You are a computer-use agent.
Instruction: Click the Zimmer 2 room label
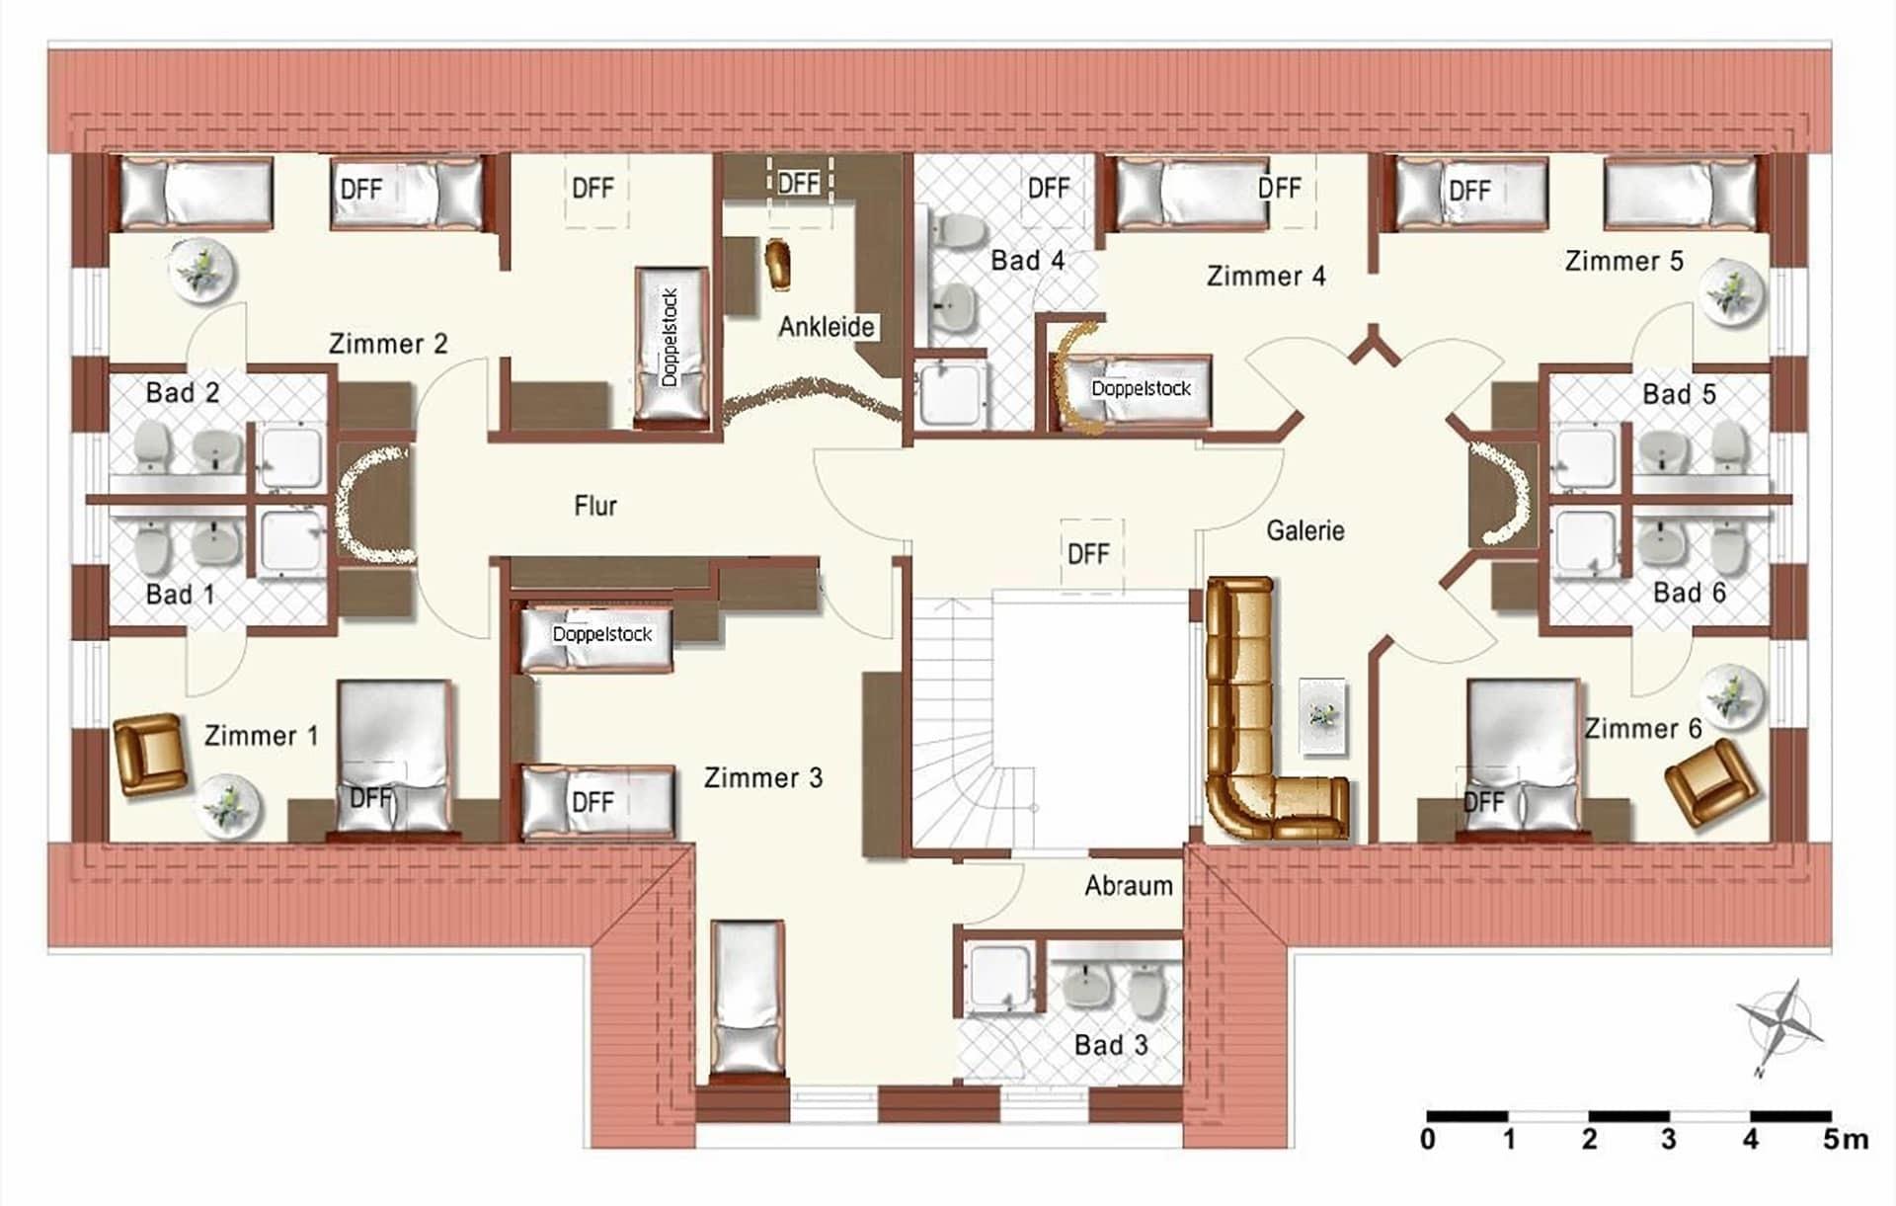(x=388, y=344)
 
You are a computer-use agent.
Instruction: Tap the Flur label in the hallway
(x=595, y=506)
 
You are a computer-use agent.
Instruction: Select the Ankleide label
(x=827, y=326)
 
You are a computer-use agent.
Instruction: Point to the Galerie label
(x=1305, y=530)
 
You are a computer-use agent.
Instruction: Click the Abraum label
(x=1129, y=885)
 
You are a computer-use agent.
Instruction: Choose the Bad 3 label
(x=1111, y=1045)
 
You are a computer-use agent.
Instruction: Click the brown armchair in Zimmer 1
(x=150, y=755)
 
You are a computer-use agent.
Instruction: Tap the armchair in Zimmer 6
(x=1711, y=782)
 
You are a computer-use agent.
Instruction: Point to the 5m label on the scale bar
(x=1845, y=1140)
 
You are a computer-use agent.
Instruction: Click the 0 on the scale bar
(x=1428, y=1140)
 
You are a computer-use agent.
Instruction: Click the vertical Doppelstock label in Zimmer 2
(x=670, y=337)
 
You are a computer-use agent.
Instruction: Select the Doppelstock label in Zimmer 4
(x=1141, y=388)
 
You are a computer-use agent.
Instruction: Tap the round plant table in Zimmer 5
(x=1731, y=291)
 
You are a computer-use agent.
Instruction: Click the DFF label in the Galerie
(x=1088, y=554)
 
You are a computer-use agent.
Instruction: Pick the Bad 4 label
(x=1028, y=261)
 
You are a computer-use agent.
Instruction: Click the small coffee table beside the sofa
(x=1322, y=716)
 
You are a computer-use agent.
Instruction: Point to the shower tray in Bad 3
(x=1000, y=978)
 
